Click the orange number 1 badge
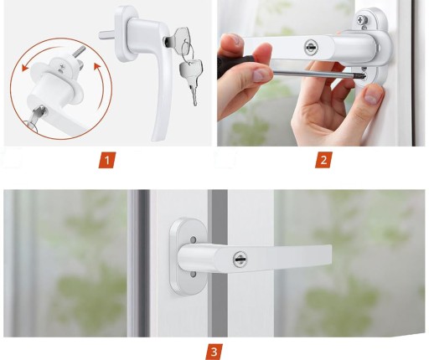click(107, 160)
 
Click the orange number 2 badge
click(323, 160)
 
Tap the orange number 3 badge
click(214, 352)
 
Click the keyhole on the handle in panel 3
click(240, 260)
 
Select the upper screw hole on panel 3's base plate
click(193, 239)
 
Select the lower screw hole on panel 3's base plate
click(193, 275)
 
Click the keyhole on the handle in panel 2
click(311, 47)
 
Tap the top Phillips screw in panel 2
click(363, 20)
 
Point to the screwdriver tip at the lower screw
click(362, 75)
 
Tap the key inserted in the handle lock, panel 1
click(178, 36)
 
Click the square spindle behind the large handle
click(106, 35)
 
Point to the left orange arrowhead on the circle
click(25, 68)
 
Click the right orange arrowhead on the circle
click(96, 67)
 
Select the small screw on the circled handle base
click(61, 67)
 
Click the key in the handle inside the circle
click(37, 116)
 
